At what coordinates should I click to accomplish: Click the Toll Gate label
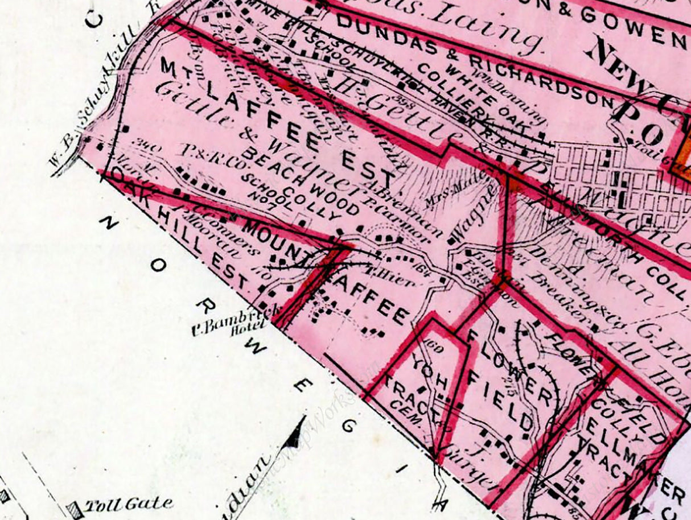point(128,504)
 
